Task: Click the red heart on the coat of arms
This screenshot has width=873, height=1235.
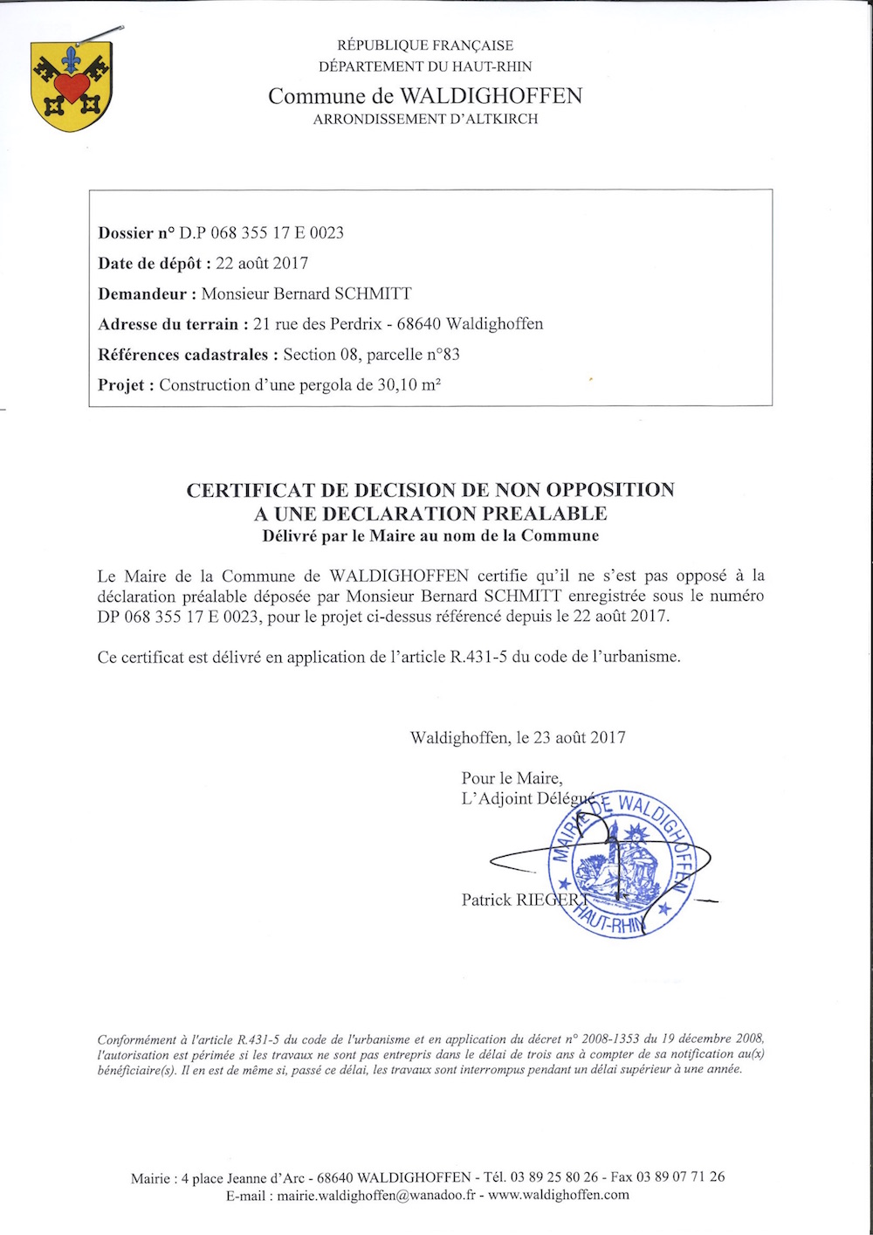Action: (x=71, y=86)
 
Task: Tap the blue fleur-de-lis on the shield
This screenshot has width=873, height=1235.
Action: (x=71, y=59)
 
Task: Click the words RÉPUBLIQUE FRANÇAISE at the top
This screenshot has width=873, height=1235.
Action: (x=425, y=45)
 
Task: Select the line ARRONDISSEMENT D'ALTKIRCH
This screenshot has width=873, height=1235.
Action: (x=425, y=119)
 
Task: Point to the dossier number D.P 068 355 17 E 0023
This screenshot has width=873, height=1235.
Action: (x=261, y=232)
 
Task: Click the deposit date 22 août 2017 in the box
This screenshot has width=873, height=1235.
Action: (x=262, y=263)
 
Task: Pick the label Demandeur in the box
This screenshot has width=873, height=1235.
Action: (x=142, y=293)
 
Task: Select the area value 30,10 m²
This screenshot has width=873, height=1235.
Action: (x=410, y=384)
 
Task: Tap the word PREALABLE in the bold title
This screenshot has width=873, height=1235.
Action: (x=545, y=514)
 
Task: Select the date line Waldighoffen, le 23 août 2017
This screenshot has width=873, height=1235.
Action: (x=518, y=738)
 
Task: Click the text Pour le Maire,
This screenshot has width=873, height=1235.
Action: (x=512, y=778)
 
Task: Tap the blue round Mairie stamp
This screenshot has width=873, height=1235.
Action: (x=620, y=865)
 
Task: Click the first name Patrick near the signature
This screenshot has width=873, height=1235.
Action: (x=486, y=900)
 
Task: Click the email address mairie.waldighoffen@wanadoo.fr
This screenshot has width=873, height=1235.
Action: (x=376, y=1195)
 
